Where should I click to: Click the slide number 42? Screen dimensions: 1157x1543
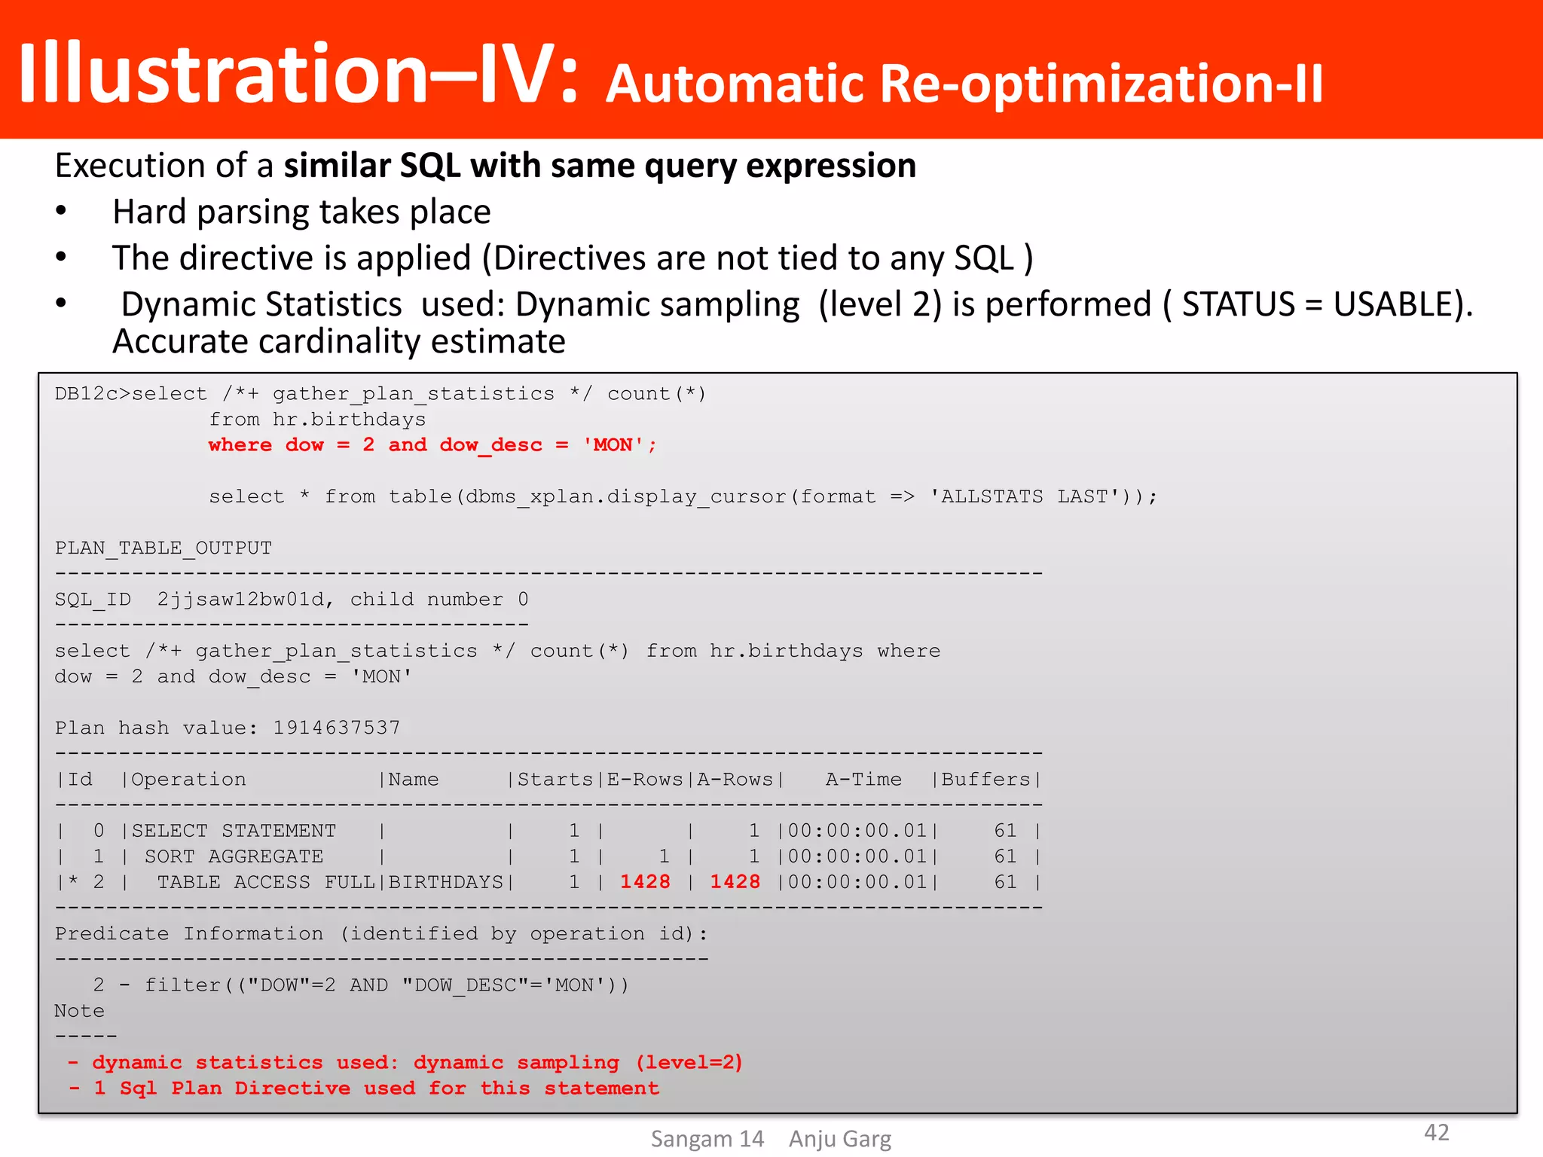[x=1436, y=1132]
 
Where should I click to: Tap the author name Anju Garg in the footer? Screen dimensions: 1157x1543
[x=839, y=1139]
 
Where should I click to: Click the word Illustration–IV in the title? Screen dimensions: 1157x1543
[x=298, y=74]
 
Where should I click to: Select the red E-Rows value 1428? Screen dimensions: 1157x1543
[x=645, y=882]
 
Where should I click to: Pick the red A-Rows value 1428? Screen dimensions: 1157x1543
[x=735, y=882]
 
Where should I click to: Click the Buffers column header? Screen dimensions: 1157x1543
[x=985, y=780]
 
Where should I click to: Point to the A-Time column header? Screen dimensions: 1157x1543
[x=863, y=780]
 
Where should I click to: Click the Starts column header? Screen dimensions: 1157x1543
[x=555, y=780]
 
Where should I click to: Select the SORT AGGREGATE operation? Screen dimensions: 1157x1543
[x=234, y=856]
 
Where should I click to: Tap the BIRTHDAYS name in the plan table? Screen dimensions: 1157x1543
[x=445, y=882]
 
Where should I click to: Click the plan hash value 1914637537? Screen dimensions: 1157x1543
[x=336, y=728]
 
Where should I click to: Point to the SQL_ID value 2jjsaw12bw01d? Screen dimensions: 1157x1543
[x=240, y=600]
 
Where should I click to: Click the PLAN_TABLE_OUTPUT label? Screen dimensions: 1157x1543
[x=163, y=548]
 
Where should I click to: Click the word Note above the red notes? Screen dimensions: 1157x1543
[x=79, y=1011]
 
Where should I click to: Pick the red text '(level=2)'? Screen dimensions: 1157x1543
[x=689, y=1062]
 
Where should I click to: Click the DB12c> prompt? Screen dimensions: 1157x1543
[x=93, y=394]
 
